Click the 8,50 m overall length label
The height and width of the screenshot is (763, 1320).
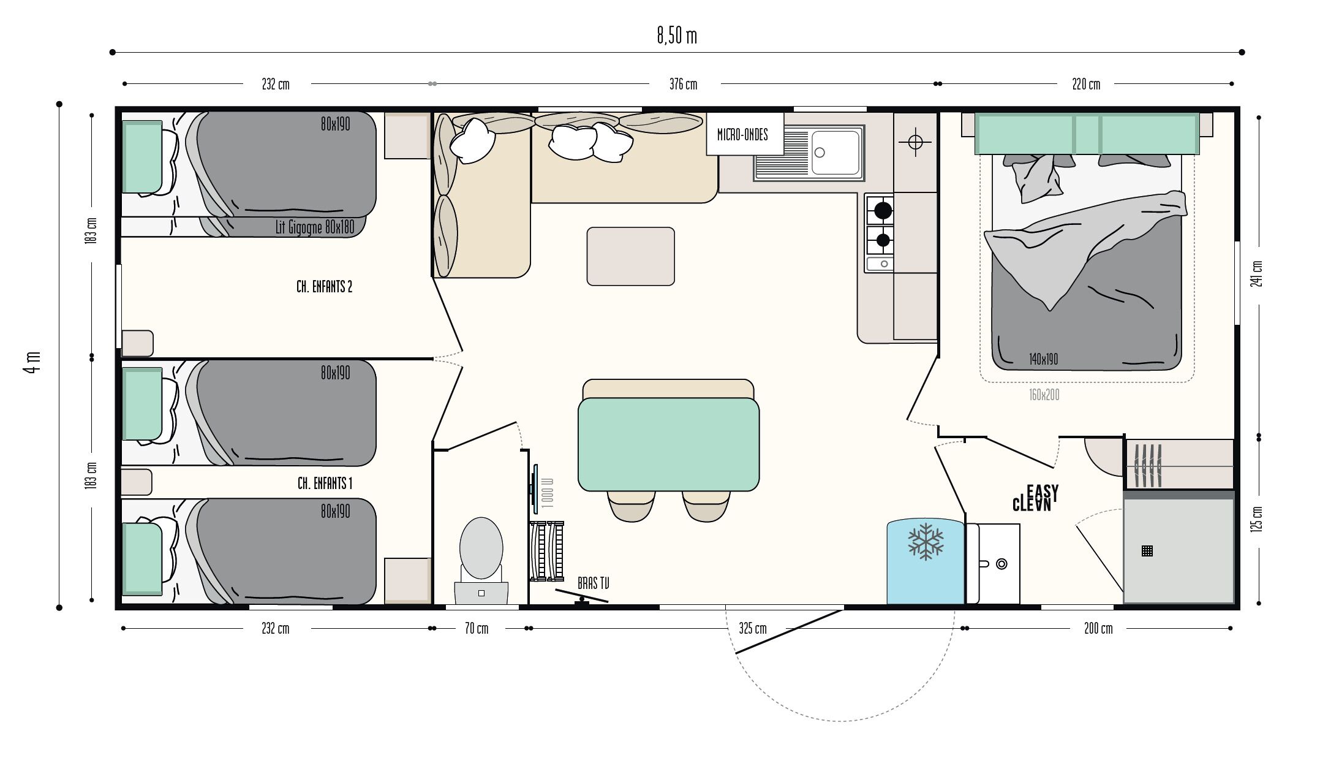click(x=677, y=36)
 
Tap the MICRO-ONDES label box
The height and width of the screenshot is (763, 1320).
click(x=745, y=134)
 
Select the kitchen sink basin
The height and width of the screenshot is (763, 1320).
click(x=835, y=153)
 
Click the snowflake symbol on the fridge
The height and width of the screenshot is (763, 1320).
click(x=926, y=541)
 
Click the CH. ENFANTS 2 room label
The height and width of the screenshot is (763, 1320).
click(x=324, y=287)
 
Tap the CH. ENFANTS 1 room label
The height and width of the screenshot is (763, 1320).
click(x=325, y=484)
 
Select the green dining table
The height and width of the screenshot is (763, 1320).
click(x=669, y=444)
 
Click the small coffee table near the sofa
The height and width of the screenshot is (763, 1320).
click(x=631, y=256)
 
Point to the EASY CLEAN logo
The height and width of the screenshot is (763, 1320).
click(x=1035, y=498)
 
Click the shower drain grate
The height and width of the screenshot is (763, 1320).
click(x=1147, y=551)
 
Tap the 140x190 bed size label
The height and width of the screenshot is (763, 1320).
click(x=1043, y=359)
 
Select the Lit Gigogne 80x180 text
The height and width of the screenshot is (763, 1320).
click(x=315, y=227)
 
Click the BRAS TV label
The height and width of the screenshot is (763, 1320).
click(x=593, y=583)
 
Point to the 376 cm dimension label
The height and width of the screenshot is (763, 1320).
click(x=683, y=84)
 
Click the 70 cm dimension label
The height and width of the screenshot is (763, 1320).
click(x=477, y=629)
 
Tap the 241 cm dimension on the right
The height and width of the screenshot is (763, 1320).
click(x=1257, y=273)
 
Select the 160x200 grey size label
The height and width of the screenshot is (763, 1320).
click(x=1044, y=395)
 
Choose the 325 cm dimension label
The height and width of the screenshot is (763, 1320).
click(x=752, y=629)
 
